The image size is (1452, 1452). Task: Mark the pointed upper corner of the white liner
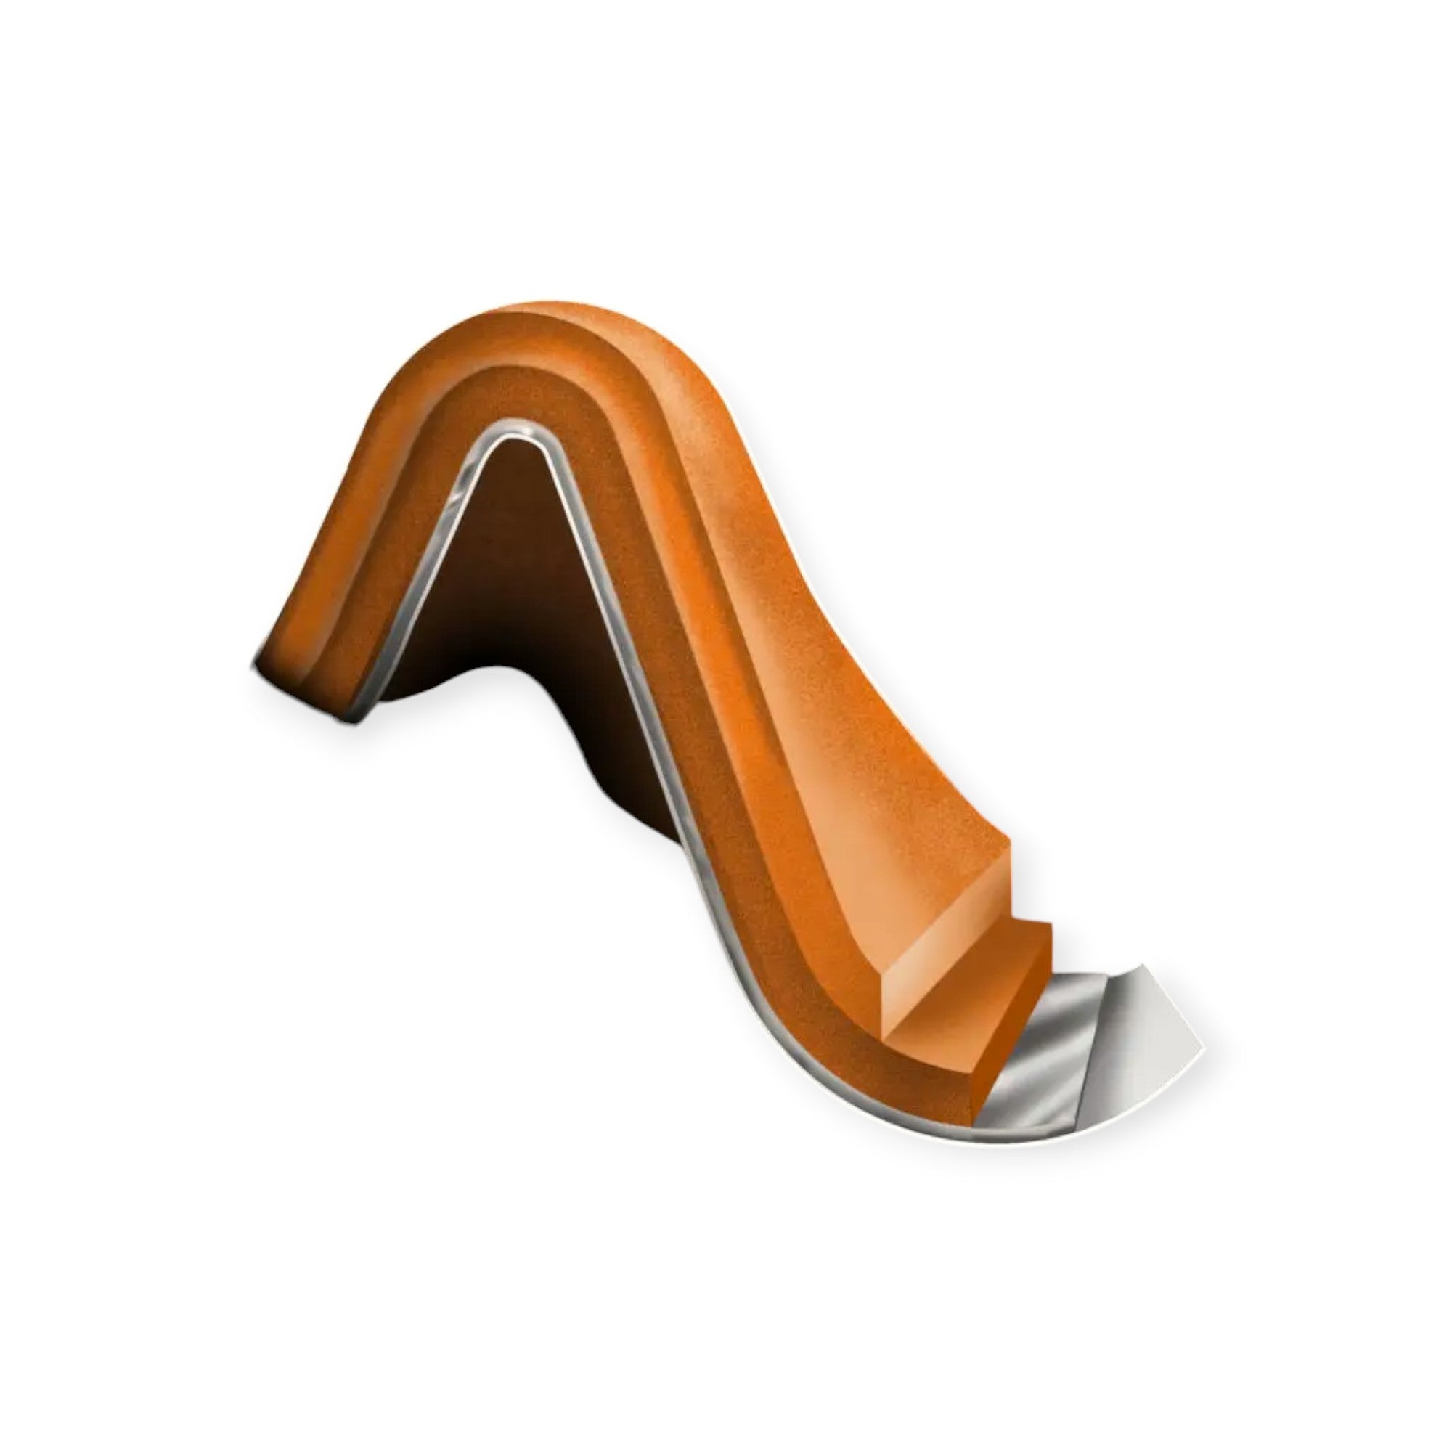point(1146,963)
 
